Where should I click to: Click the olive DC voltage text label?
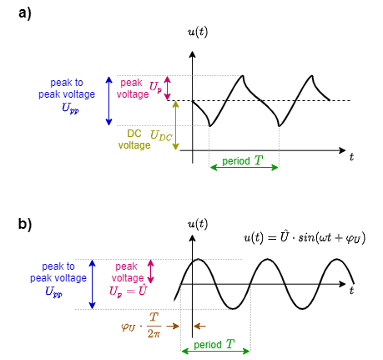pos(134,139)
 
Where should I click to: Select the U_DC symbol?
pos(161,135)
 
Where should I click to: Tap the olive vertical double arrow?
pos(175,125)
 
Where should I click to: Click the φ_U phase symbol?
pos(128,327)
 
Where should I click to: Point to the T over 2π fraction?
pos(154,326)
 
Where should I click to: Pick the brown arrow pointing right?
pos(174,326)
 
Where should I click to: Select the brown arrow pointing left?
pos(199,326)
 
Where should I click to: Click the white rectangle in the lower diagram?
pos(158,297)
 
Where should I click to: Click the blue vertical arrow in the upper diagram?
pos(108,100)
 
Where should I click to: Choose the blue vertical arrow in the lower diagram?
pos(92,284)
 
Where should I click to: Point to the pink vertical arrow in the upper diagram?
pos(167,88)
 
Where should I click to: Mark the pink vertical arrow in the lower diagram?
pos(150,271)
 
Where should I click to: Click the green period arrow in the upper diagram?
pos(244,167)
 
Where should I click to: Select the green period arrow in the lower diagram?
pos(215,351)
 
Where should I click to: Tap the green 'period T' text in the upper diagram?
pos(242,160)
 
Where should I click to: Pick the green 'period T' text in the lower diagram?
pos(214,344)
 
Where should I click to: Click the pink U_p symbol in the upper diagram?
pos(156,87)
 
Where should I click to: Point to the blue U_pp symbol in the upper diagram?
pos(69,109)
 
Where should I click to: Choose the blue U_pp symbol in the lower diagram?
pos(53,292)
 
